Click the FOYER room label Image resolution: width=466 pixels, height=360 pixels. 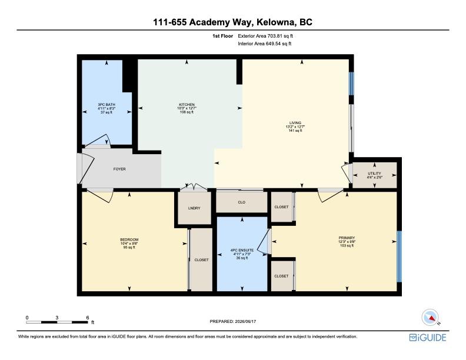pos(119,169)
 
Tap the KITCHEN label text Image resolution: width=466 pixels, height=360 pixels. pos(187,105)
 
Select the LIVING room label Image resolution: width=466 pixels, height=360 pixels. pos(295,123)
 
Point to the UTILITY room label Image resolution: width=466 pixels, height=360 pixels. pos(374,173)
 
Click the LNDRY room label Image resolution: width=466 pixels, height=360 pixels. pos(194,208)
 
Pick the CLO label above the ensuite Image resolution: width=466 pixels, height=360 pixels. pos(242,202)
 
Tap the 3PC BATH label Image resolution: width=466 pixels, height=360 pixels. pos(106,105)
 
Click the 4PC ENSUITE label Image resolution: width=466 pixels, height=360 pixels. pos(242,251)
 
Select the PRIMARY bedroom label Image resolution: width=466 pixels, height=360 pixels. pos(347,238)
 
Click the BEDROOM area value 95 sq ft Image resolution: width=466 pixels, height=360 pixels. pos(129,248)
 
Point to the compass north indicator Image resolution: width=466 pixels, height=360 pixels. pos(430,317)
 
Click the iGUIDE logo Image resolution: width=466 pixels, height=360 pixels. pos(428,338)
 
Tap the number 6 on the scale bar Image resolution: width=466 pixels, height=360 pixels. pos(88,318)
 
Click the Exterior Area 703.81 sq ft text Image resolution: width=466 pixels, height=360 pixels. pos(265,36)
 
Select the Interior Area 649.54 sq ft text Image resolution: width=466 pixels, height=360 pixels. pos(265,44)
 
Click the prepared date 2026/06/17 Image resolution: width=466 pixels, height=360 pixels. pos(245,321)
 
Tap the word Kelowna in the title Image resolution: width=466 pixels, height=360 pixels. pos(275,22)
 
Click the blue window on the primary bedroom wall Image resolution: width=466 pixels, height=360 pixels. pos(400,256)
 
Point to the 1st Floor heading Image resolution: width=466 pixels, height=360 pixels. pos(222,36)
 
